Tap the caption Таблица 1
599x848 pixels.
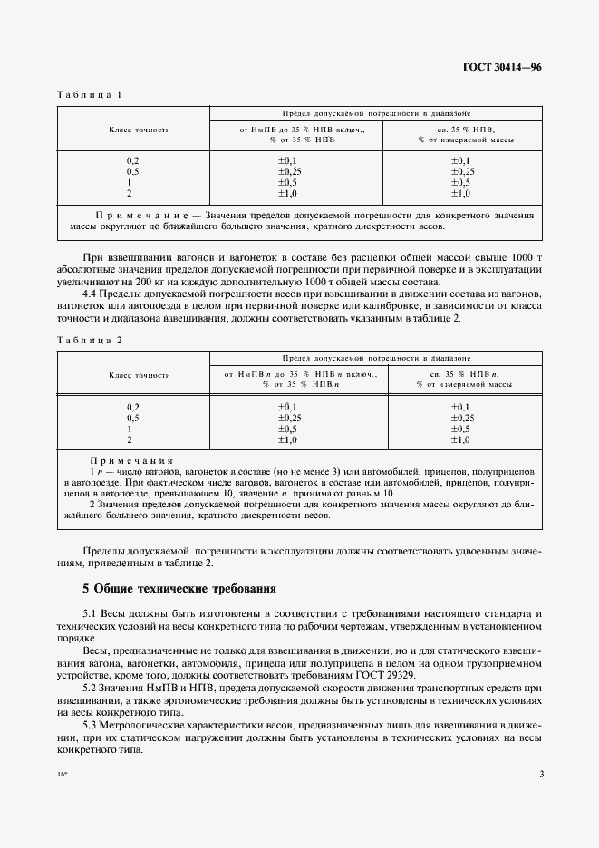(x=90, y=95)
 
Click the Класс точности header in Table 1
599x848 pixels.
(x=140, y=130)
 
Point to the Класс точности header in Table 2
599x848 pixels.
(x=140, y=374)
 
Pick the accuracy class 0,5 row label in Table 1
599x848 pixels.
(x=133, y=171)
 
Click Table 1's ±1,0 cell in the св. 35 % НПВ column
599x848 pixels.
(x=460, y=193)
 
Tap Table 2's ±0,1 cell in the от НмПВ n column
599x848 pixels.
(x=288, y=407)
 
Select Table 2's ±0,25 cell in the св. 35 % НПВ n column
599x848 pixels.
(x=460, y=418)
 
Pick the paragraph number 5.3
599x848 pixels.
(x=91, y=728)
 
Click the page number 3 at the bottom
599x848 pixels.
(x=540, y=774)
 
